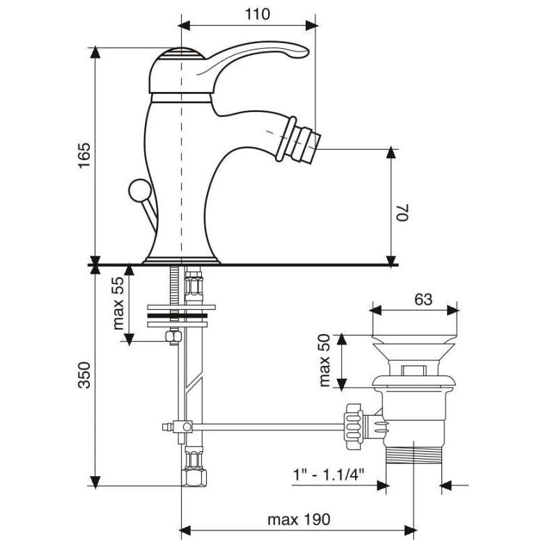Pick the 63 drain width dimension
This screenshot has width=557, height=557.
click(423, 299)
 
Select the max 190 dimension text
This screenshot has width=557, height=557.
click(299, 519)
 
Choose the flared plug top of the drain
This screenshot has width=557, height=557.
click(414, 346)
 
